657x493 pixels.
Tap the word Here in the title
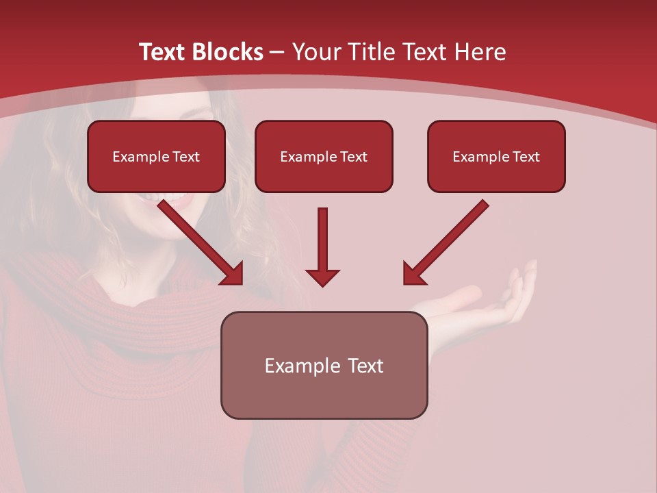[479, 52]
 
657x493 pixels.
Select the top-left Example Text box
[156, 157]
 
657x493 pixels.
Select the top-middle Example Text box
[324, 157]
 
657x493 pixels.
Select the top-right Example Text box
[496, 157]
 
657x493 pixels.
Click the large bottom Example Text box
[324, 366]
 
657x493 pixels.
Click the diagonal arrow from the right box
[452, 236]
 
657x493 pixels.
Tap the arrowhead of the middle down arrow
[322, 277]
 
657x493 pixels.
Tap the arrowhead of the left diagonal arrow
[233, 274]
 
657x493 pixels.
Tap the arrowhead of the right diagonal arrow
[413, 274]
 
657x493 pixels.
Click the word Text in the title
[167, 52]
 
